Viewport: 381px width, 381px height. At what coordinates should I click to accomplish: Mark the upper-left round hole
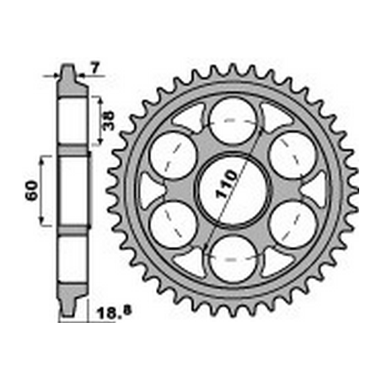pos(174,155)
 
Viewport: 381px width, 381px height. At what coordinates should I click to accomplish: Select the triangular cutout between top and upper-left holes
pos(192,118)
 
